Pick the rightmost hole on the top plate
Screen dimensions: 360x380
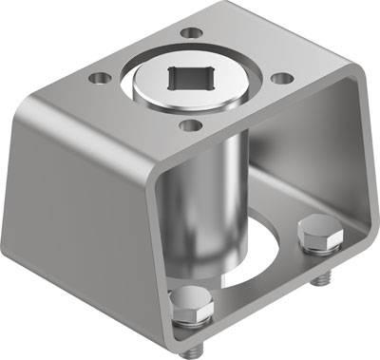point(281,80)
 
